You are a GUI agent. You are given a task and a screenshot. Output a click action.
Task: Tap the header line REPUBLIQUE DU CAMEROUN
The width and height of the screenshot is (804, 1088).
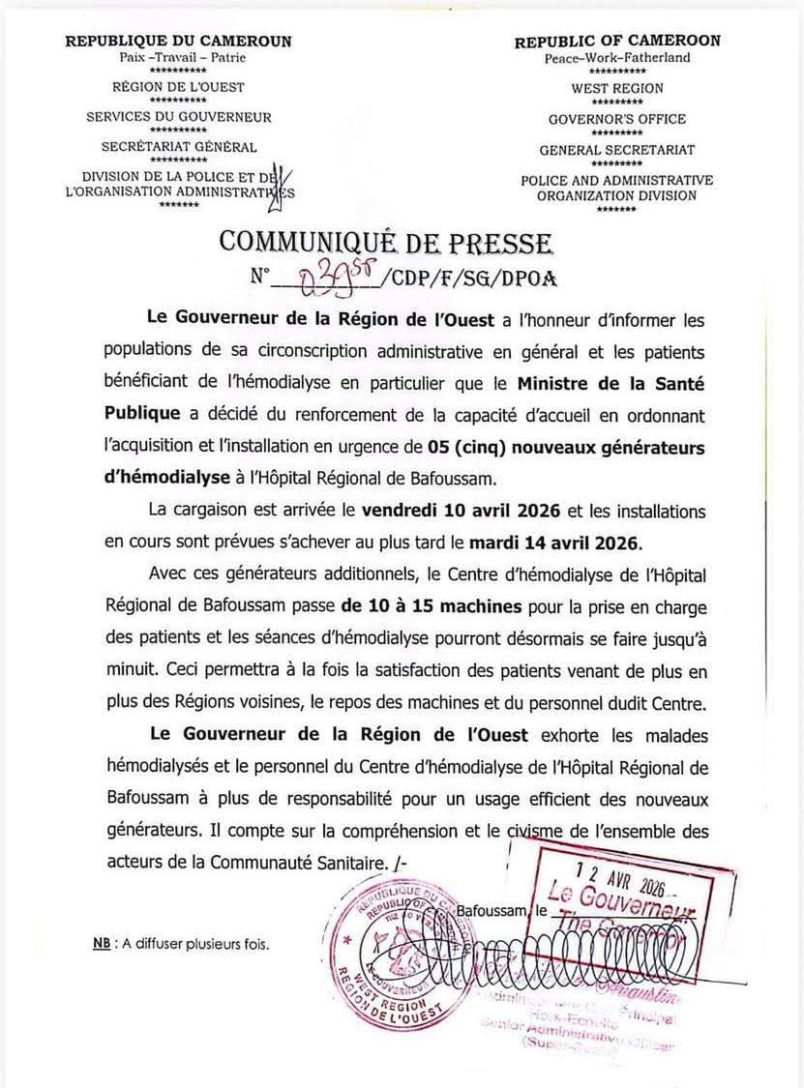tap(178, 42)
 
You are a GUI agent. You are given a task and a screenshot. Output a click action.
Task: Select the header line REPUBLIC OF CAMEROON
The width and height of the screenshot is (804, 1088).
tap(617, 42)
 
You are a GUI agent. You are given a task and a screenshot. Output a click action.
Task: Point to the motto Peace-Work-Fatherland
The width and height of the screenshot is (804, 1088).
tap(617, 58)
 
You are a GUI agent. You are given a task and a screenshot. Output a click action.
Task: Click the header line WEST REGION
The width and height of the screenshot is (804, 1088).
tap(617, 88)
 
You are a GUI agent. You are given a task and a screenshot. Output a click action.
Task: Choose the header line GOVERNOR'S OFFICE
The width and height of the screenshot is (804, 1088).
tap(617, 119)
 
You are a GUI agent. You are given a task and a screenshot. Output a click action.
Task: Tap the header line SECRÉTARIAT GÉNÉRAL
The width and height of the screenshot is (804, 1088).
tap(179, 147)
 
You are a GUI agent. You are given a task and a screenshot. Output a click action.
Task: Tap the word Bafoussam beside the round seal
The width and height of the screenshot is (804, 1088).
tap(492, 910)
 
